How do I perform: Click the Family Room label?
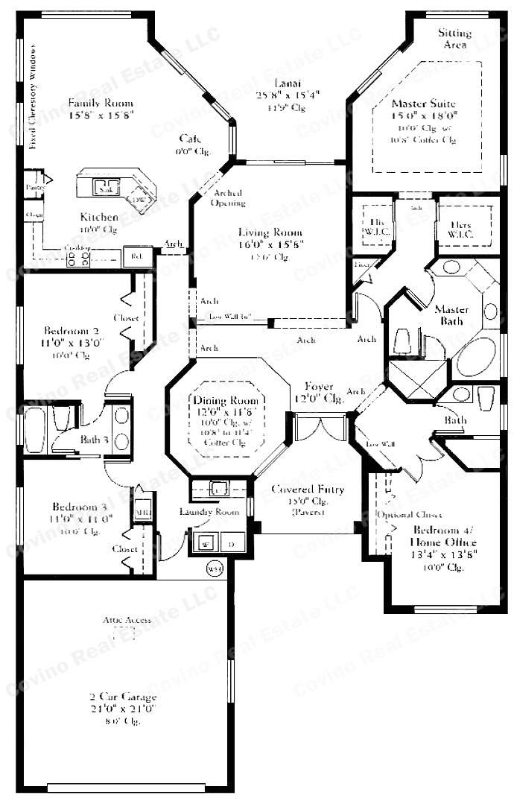coord(101,103)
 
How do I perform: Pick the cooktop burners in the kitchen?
coord(78,259)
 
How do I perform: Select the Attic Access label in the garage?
coord(127,620)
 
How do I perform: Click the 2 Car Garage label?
coord(123,697)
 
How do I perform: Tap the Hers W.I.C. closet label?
coord(466,228)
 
